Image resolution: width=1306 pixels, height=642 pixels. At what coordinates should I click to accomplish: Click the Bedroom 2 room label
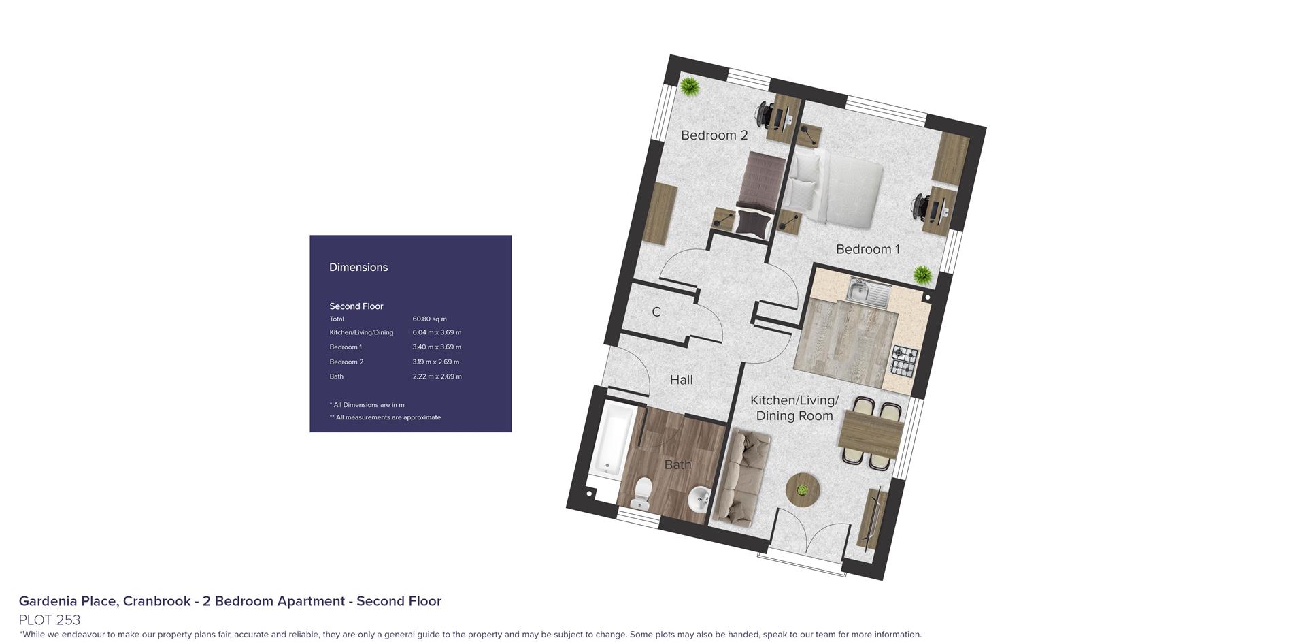(714, 135)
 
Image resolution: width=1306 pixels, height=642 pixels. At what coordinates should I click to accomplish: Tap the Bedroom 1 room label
(868, 249)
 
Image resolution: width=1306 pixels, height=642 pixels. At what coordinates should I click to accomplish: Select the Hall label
(681, 380)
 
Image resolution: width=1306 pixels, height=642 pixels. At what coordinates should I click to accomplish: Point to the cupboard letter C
(656, 312)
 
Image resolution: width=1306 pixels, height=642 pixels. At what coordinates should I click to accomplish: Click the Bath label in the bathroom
(677, 464)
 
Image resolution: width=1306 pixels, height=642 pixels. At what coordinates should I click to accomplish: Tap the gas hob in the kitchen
(904, 362)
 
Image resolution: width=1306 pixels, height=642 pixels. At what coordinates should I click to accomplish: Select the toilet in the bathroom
(641, 494)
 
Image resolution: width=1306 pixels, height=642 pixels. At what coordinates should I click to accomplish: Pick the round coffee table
(803, 489)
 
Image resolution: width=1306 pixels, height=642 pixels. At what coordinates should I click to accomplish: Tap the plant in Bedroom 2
(690, 86)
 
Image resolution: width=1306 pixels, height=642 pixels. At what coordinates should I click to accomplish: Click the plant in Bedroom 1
(923, 275)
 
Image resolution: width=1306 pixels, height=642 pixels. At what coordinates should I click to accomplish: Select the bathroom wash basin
(698, 500)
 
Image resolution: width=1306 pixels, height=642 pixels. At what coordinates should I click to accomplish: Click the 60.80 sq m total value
(429, 319)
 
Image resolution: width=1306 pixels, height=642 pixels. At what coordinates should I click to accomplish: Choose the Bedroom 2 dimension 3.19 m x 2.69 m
(435, 362)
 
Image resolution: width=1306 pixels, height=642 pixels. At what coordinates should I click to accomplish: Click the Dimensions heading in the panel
(358, 268)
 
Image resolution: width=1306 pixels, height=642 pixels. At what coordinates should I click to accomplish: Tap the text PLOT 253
(50, 620)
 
